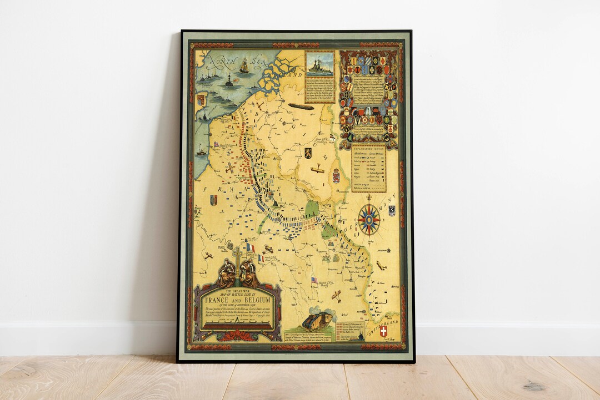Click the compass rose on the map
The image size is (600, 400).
click(x=369, y=219)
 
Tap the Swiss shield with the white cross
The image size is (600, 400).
click(x=383, y=331)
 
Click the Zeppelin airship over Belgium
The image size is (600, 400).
click(x=299, y=105)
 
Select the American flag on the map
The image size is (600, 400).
click(x=314, y=280)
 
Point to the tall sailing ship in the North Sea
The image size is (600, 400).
click(x=244, y=65)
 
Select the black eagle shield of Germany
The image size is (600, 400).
click(x=391, y=210)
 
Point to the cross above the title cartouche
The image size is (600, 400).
click(x=237, y=256)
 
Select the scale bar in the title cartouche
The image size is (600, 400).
click(x=237, y=326)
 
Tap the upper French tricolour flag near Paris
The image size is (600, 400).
click(x=250, y=247)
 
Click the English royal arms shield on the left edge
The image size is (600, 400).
click(x=201, y=100)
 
